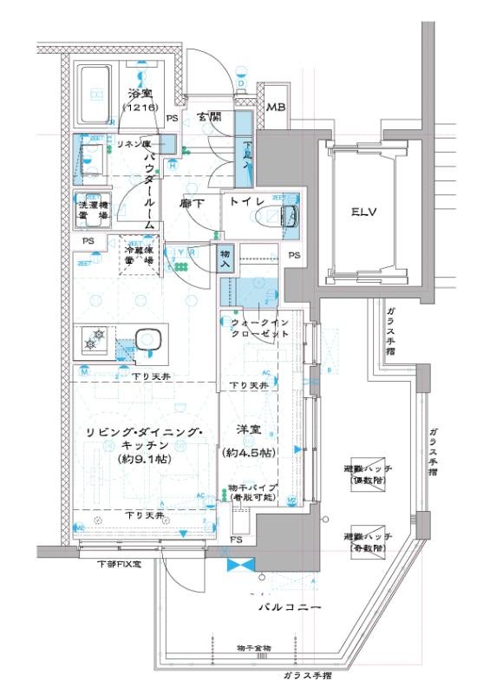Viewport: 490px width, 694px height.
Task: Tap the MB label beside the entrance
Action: point(276,108)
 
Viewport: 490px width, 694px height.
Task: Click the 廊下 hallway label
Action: point(192,202)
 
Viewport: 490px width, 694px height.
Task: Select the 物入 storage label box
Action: point(225,259)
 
